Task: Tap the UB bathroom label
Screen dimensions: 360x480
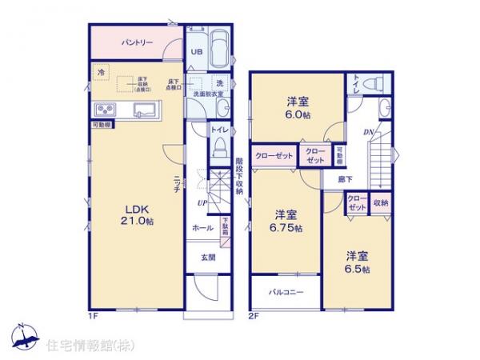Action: [x=195, y=54]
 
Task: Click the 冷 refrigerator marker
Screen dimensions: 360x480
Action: [x=101, y=72]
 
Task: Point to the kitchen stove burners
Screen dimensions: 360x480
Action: [x=106, y=110]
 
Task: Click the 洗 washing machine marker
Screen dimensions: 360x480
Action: [x=218, y=83]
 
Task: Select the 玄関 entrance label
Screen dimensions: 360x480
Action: [x=207, y=257]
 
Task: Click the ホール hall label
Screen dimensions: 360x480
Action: [x=202, y=228]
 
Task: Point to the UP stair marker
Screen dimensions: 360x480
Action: [x=203, y=203]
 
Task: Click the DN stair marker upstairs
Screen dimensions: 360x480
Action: [x=369, y=131]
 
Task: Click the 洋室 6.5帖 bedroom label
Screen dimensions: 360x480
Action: [x=358, y=262]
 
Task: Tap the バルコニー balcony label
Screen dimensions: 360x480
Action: [x=286, y=292]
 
